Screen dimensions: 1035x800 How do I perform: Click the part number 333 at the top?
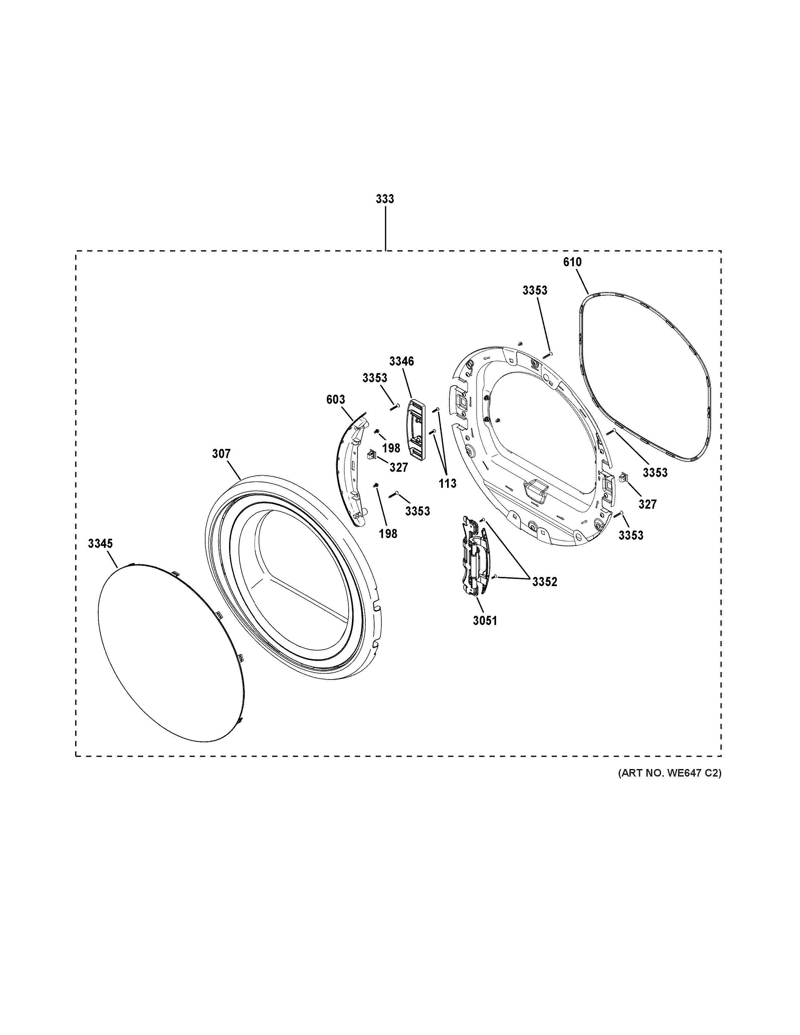385,199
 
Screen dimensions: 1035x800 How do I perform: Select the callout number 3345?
100,544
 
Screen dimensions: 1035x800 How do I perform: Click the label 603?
336,400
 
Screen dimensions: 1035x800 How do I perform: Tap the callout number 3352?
544,582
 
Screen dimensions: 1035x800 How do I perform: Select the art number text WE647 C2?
669,773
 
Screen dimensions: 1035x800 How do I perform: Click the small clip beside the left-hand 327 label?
371,455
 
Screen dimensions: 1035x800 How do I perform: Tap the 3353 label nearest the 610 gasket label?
535,290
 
